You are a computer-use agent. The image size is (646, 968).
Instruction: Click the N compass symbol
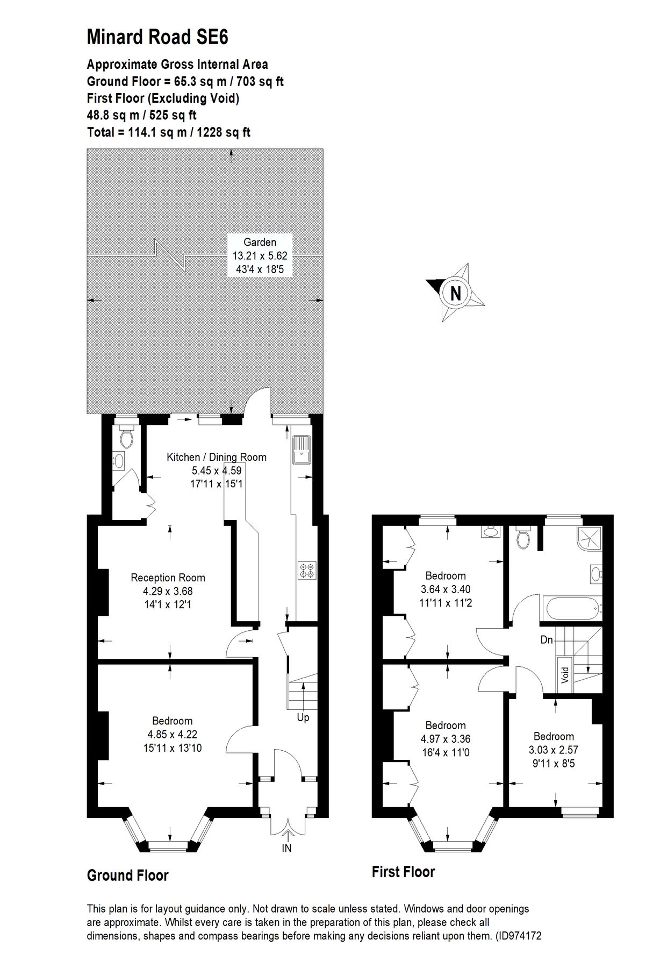coord(455,294)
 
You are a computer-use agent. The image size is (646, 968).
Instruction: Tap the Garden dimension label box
coord(260,255)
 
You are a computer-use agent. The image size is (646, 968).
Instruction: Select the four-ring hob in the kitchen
coord(307,571)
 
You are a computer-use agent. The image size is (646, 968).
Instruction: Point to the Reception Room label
coord(168,578)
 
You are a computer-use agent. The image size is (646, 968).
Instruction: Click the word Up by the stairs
coord(303,718)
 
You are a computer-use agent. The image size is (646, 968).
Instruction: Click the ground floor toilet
coord(126,438)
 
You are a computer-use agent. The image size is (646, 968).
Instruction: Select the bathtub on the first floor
coord(573,609)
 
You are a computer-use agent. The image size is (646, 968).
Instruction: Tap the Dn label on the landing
coord(547,640)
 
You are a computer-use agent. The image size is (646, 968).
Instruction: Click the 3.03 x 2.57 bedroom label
coord(554,750)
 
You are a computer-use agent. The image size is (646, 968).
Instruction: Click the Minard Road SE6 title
coord(157,38)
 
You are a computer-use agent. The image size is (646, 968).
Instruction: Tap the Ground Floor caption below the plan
coord(128,876)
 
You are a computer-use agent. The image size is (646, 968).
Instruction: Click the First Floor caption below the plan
coord(403,872)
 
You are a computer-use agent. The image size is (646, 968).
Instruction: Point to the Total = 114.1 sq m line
coord(169,132)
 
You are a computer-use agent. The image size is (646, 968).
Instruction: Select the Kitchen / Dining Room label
coord(216,458)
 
